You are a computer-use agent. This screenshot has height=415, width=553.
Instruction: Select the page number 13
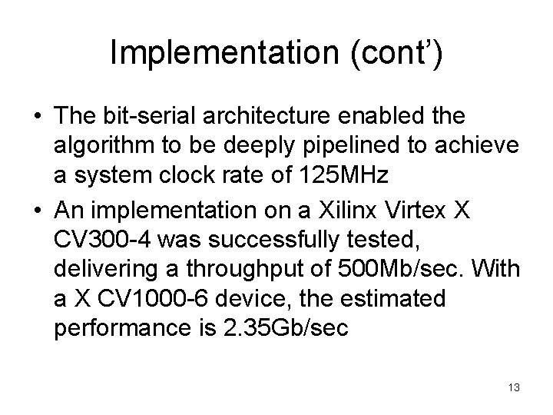tap(514, 388)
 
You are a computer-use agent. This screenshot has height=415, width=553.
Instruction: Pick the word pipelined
tap(356, 146)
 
